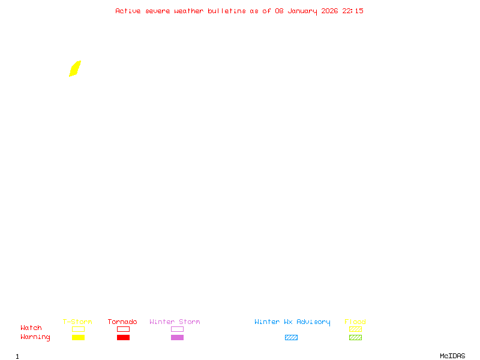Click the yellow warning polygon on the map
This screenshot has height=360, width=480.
coord(75,68)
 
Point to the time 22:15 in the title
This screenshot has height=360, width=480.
coord(353,11)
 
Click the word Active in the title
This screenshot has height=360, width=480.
coord(128,11)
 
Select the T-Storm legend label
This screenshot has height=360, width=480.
coord(77,322)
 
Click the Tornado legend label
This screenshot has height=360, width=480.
coord(122,322)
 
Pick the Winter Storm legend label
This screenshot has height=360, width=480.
coord(175,322)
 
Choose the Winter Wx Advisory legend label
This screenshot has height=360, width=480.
coord(292,322)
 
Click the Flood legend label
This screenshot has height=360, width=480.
coord(355,322)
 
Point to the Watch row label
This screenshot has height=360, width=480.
coord(31,328)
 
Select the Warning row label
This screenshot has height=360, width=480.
coord(35,337)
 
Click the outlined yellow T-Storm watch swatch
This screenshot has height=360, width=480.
coord(78,329)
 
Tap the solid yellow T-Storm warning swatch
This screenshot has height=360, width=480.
coord(78,338)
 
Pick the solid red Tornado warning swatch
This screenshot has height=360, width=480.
coord(123,338)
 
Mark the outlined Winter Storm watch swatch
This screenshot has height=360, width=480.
coord(177,329)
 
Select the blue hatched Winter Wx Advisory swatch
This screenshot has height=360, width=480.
coord(291,338)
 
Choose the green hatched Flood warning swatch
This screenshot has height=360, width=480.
coord(355,338)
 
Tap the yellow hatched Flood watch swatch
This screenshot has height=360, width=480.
coord(355,329)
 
